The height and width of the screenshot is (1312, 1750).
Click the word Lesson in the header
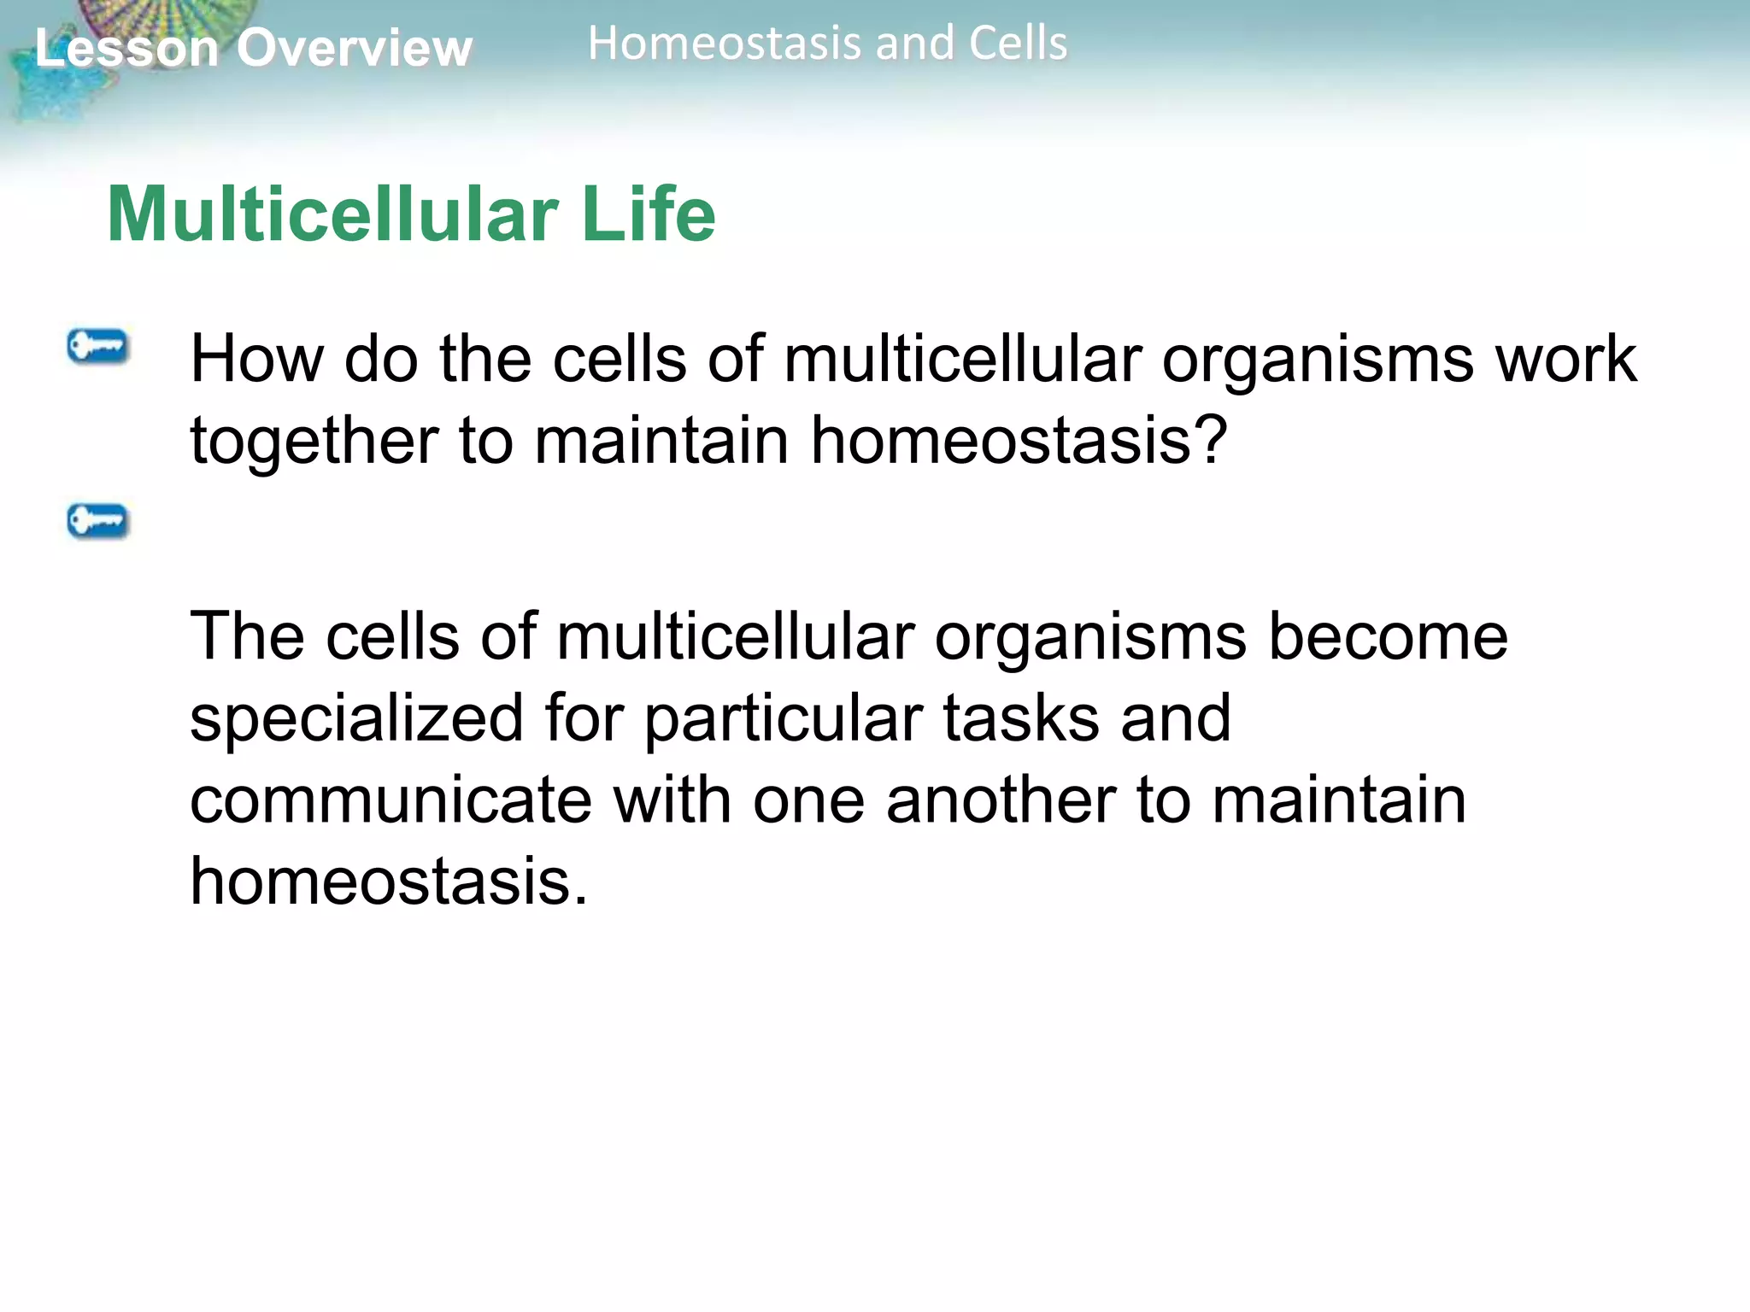coord(126,48)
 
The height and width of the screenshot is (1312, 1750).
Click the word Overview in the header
coord(354,48)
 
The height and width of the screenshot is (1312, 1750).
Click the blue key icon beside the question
coord(97,347)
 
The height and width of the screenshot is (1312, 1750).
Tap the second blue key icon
coord(97,520)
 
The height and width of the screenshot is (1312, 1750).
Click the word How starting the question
coord(256,359)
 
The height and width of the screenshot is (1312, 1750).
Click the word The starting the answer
coord(247,636)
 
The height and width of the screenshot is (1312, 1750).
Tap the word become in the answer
coord(1388,636)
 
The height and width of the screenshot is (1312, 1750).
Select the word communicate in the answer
coord(391,800)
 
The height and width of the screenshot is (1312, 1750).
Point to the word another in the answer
coord(1001,800)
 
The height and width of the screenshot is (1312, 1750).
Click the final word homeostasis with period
coord(389,881)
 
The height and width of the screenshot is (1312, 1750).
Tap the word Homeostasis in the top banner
coord(727,44)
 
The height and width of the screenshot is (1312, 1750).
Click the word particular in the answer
coord(783,719)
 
